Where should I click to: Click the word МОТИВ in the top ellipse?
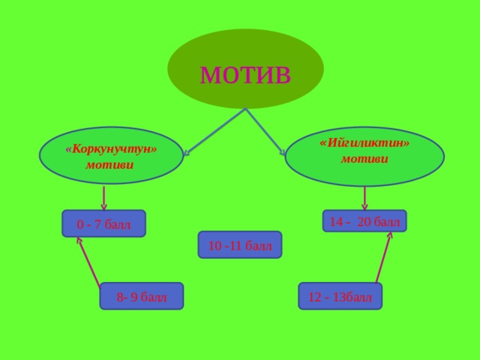click(x=245, y=74)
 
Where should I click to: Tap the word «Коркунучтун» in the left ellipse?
click(x=111, y=149)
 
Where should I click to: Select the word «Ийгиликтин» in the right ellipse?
click(x=364, y=143)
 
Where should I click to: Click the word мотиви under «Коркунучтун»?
click(x=109, y=165)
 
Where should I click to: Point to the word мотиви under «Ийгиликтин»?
click(x=364, y=158)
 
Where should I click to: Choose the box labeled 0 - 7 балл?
click(x=103, y=223)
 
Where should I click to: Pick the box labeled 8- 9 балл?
click(x=142, y=296)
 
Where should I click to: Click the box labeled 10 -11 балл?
click(x=240, y=245)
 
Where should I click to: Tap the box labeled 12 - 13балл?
click(x=340, y=296)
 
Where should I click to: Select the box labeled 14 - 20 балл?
click(x=364, y=220)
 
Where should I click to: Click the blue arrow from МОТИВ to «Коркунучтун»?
click(x=214, y=132)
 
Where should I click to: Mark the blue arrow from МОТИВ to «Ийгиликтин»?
click(x=265, y=132)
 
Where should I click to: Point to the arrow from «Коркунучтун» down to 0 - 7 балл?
click(x=103, y=198)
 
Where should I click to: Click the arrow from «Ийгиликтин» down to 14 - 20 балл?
click(x=364, y=198)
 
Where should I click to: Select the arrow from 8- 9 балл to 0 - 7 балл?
click(x=88, y=262)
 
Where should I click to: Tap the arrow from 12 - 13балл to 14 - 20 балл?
click(x=384, y=257)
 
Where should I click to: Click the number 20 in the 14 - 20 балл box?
click(x=364, y=222)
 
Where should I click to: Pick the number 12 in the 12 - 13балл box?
click(x=315, y=297)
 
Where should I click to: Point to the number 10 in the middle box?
click(x=215, y=246)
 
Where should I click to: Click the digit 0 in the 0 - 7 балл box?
click(x=80, y=225)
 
